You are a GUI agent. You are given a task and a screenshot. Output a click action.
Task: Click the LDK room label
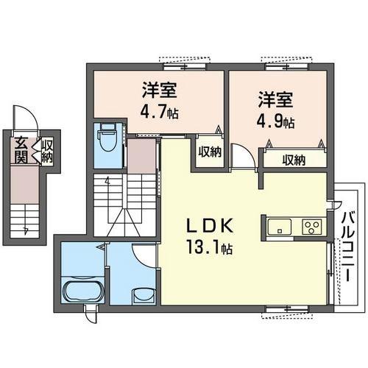(210, 226)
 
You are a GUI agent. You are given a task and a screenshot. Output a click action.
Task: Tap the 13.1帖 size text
(210, 247)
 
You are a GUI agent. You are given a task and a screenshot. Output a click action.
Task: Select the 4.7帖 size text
(160, 112)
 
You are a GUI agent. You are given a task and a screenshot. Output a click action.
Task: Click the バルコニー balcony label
(347, 247)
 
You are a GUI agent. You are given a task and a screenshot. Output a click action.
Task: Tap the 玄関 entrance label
(21, 150)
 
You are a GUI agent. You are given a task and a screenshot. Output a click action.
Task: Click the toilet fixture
(108, 138)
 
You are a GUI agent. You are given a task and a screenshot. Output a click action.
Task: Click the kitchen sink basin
(279, 227)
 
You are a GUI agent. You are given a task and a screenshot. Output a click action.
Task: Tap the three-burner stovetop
(311, 227)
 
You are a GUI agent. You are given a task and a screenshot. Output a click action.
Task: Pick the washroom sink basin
(144, 297)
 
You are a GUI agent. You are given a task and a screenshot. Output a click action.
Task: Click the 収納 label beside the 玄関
(46, 151)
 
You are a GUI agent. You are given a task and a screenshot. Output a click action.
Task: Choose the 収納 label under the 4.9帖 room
(294, 160)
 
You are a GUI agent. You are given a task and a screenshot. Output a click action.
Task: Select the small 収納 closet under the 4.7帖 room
(210, 152)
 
